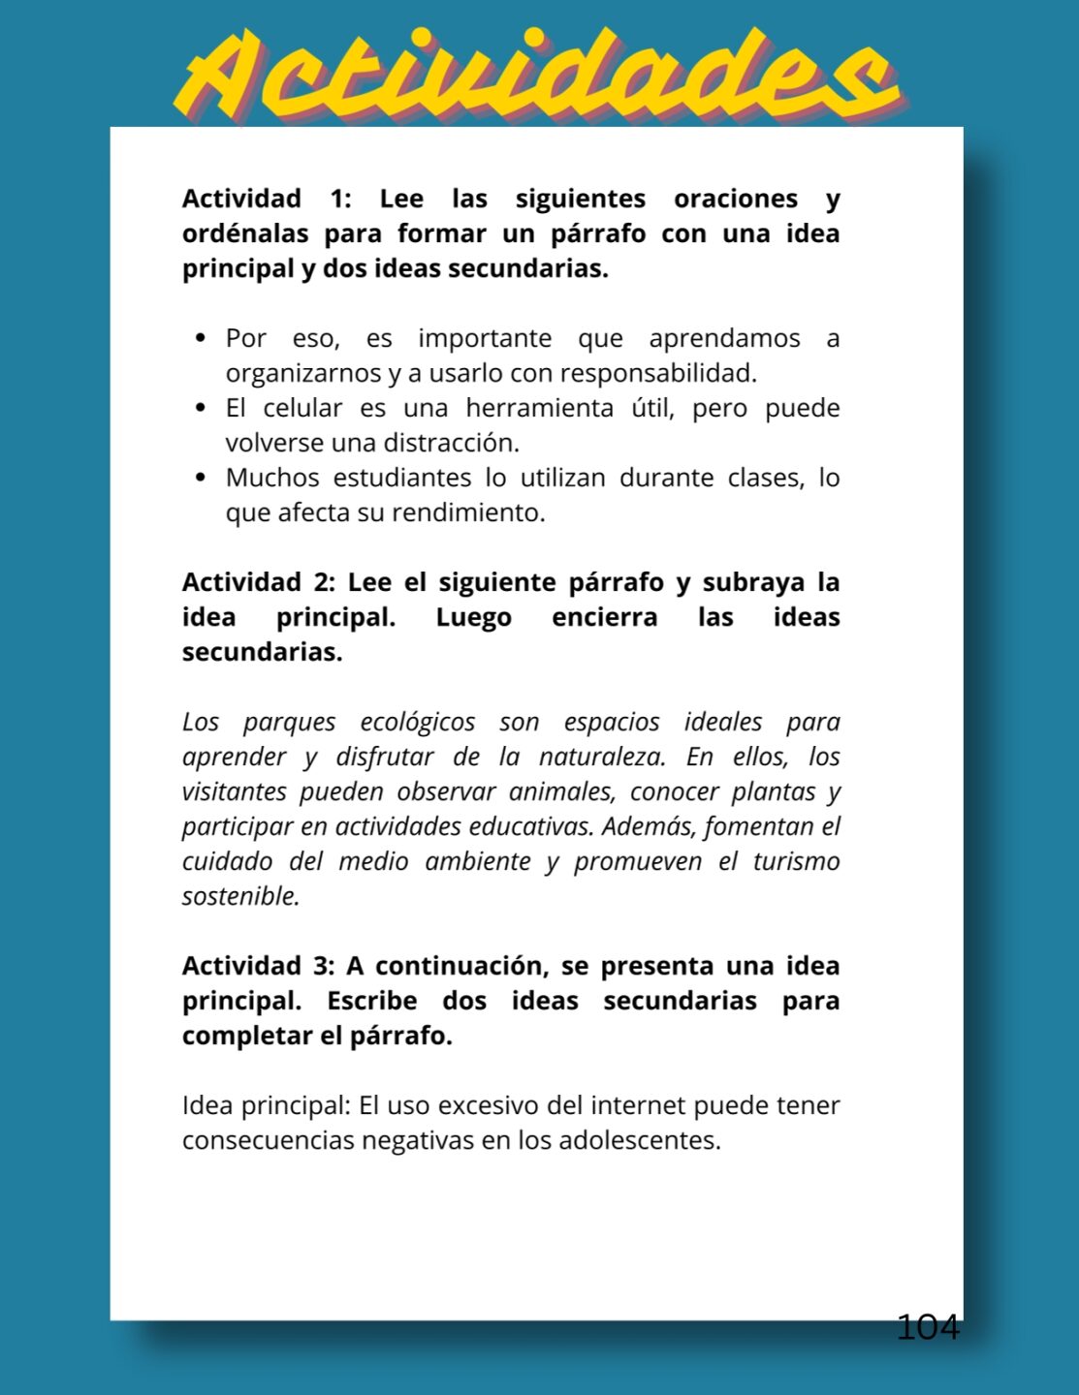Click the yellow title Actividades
tap(538, 75)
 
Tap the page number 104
tap(928, 1327)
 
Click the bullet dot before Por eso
tap(201, 338)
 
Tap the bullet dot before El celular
tap(201, 408)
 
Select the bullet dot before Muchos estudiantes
tap(201, 478)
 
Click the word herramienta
tap(539, 408)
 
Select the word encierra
tap(604, 617)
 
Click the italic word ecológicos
tap(417, 722)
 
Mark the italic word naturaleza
tap(601, 757)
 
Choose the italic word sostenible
tap(240, 896)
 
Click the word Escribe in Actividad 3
tap(371, 1001)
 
